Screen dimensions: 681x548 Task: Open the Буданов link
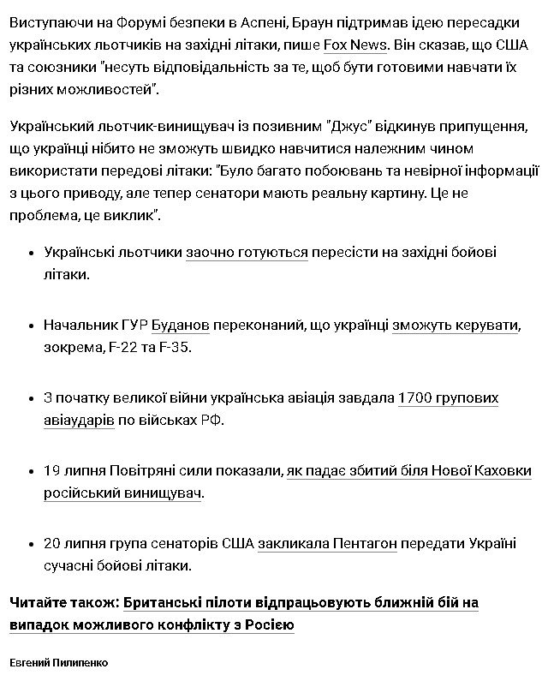click(180, 326)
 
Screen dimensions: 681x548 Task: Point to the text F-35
click(179, 348)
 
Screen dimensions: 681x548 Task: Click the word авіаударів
click(79, 421)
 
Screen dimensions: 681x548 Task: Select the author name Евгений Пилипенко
click(59, 663)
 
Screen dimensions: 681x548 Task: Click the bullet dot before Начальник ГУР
click(31, 326)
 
